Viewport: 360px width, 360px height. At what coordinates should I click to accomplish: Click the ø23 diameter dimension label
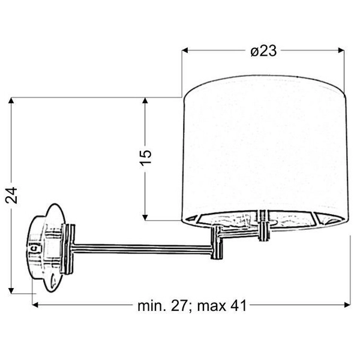coord(263,51)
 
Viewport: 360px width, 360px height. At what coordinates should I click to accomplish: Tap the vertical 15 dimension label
coord(146,157)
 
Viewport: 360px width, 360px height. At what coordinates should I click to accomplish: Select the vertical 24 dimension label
coord(11,195)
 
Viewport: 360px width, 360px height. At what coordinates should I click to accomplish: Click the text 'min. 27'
coord(163,306)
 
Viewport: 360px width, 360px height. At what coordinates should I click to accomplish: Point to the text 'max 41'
coord(222,306)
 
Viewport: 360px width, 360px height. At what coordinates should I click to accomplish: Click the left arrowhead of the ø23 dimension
coord(185,50)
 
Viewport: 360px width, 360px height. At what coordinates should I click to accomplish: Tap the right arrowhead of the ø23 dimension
coord(341,50)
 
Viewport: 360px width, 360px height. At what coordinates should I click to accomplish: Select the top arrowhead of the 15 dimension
coord(145,101)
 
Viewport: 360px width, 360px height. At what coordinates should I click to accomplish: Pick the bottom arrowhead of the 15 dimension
coord(145,217)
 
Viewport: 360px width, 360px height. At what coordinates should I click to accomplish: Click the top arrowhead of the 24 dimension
coord(11,101)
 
